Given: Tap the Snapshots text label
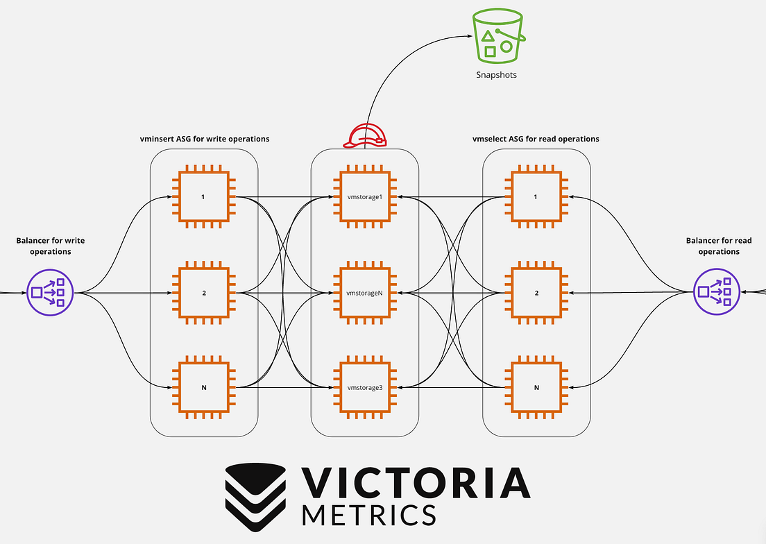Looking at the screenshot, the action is pos(496,75).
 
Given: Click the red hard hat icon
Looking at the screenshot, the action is pos(365,135).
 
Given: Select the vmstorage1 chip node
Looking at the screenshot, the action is pos(365,197).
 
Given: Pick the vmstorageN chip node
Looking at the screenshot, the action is pos(365,293).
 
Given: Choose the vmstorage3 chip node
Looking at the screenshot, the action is pos(365,387).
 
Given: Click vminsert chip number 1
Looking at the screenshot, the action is pos(204,197).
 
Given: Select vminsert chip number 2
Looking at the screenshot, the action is pos(204,293).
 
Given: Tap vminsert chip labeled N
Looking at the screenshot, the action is pos(204,387).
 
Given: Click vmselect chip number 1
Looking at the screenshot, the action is pos(536,197).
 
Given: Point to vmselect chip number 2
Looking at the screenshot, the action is pos(536,293).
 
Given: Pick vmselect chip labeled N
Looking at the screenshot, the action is pos(536,387).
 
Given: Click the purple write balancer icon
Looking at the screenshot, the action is pos(50,293).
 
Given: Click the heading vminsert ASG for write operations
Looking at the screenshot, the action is pos(205,139).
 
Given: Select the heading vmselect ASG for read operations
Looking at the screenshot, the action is pos(536,139).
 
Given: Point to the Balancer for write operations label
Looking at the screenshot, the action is pos(51,246).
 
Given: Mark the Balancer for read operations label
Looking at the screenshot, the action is pos(719,246).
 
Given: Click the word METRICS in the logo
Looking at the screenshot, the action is pos(369,515).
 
